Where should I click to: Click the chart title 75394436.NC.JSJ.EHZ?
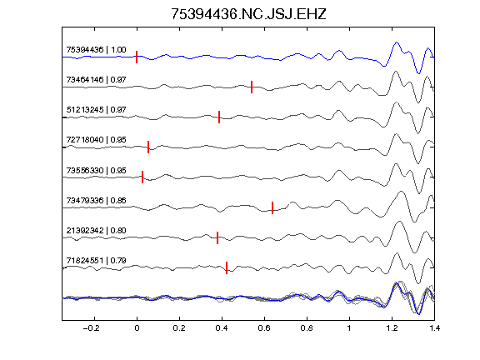(x=248, y=14)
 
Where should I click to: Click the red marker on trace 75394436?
(x=137, y=57)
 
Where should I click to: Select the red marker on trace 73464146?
(x=252, y=87)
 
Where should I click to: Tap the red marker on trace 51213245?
(x=219, y=117)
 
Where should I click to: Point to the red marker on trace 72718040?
(x=148, y=147)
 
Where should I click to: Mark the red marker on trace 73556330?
(x=142, y=177)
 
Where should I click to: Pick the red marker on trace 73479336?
(x=272, y=207)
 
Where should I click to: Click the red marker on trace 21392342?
(x=217, y=237)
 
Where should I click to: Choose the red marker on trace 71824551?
(x=227, y=267)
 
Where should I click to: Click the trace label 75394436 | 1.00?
(x=96, y=50)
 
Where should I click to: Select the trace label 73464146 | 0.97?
(x=96, y=80)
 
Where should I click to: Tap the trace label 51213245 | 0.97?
(x=96, y=110)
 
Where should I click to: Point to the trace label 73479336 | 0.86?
(x=96, y=201)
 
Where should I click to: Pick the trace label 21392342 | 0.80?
(x=96, y=231)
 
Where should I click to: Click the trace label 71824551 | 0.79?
(x=96, y=261)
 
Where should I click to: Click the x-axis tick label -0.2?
(x=92, y=328)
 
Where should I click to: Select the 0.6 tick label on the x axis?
(x=264, y=328)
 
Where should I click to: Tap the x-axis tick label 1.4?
(x=434, y=328)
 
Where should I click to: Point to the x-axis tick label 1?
(x=349, y=328)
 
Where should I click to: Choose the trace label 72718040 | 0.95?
(x=96, y=140)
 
